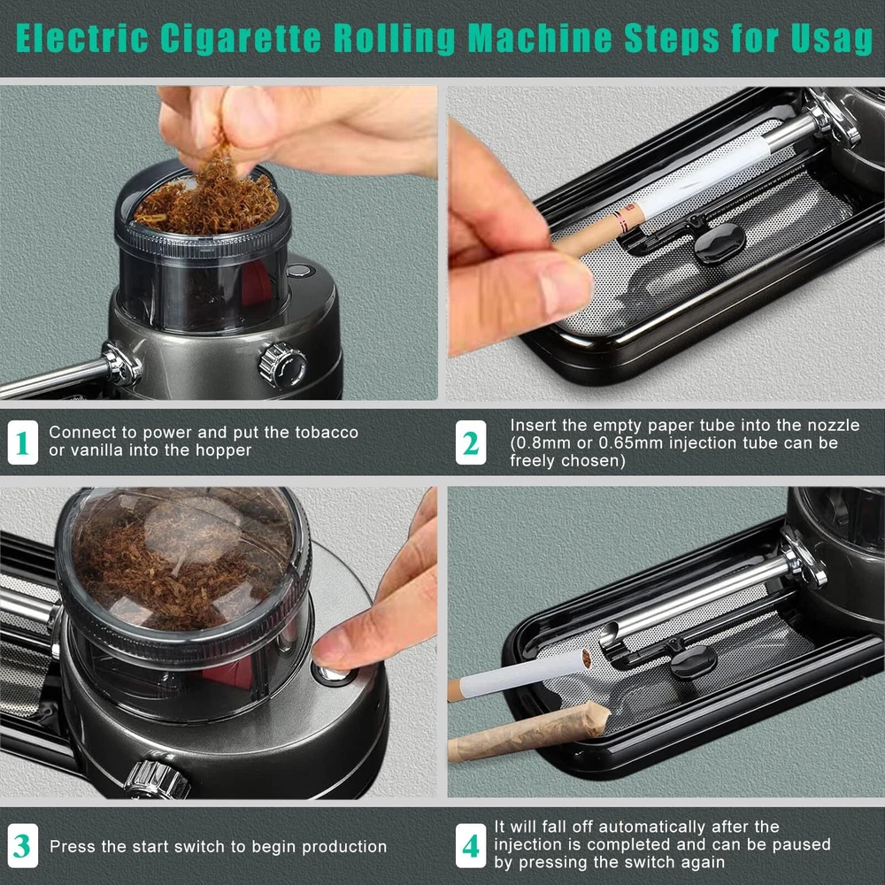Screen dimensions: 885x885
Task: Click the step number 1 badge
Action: (x=23, y=442)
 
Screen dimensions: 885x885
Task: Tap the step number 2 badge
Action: (x=471, y=442)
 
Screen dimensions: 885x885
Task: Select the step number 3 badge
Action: (x=23, y=845)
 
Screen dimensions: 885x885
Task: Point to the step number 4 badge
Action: (x=471, y=845)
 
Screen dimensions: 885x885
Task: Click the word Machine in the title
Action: (x=540, y=38)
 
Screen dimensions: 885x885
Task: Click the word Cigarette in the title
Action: (x=241, y=38)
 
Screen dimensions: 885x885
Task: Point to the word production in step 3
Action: (x=344, y=847)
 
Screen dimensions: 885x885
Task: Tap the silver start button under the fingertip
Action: (x=332, y=673)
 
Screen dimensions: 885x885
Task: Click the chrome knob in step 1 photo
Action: (x=282, y=366)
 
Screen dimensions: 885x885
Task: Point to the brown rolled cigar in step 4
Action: (x=528, y=732)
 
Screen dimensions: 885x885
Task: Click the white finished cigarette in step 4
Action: (x=519, y=673)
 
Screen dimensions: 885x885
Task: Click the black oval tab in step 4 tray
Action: (x=693, y=661)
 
